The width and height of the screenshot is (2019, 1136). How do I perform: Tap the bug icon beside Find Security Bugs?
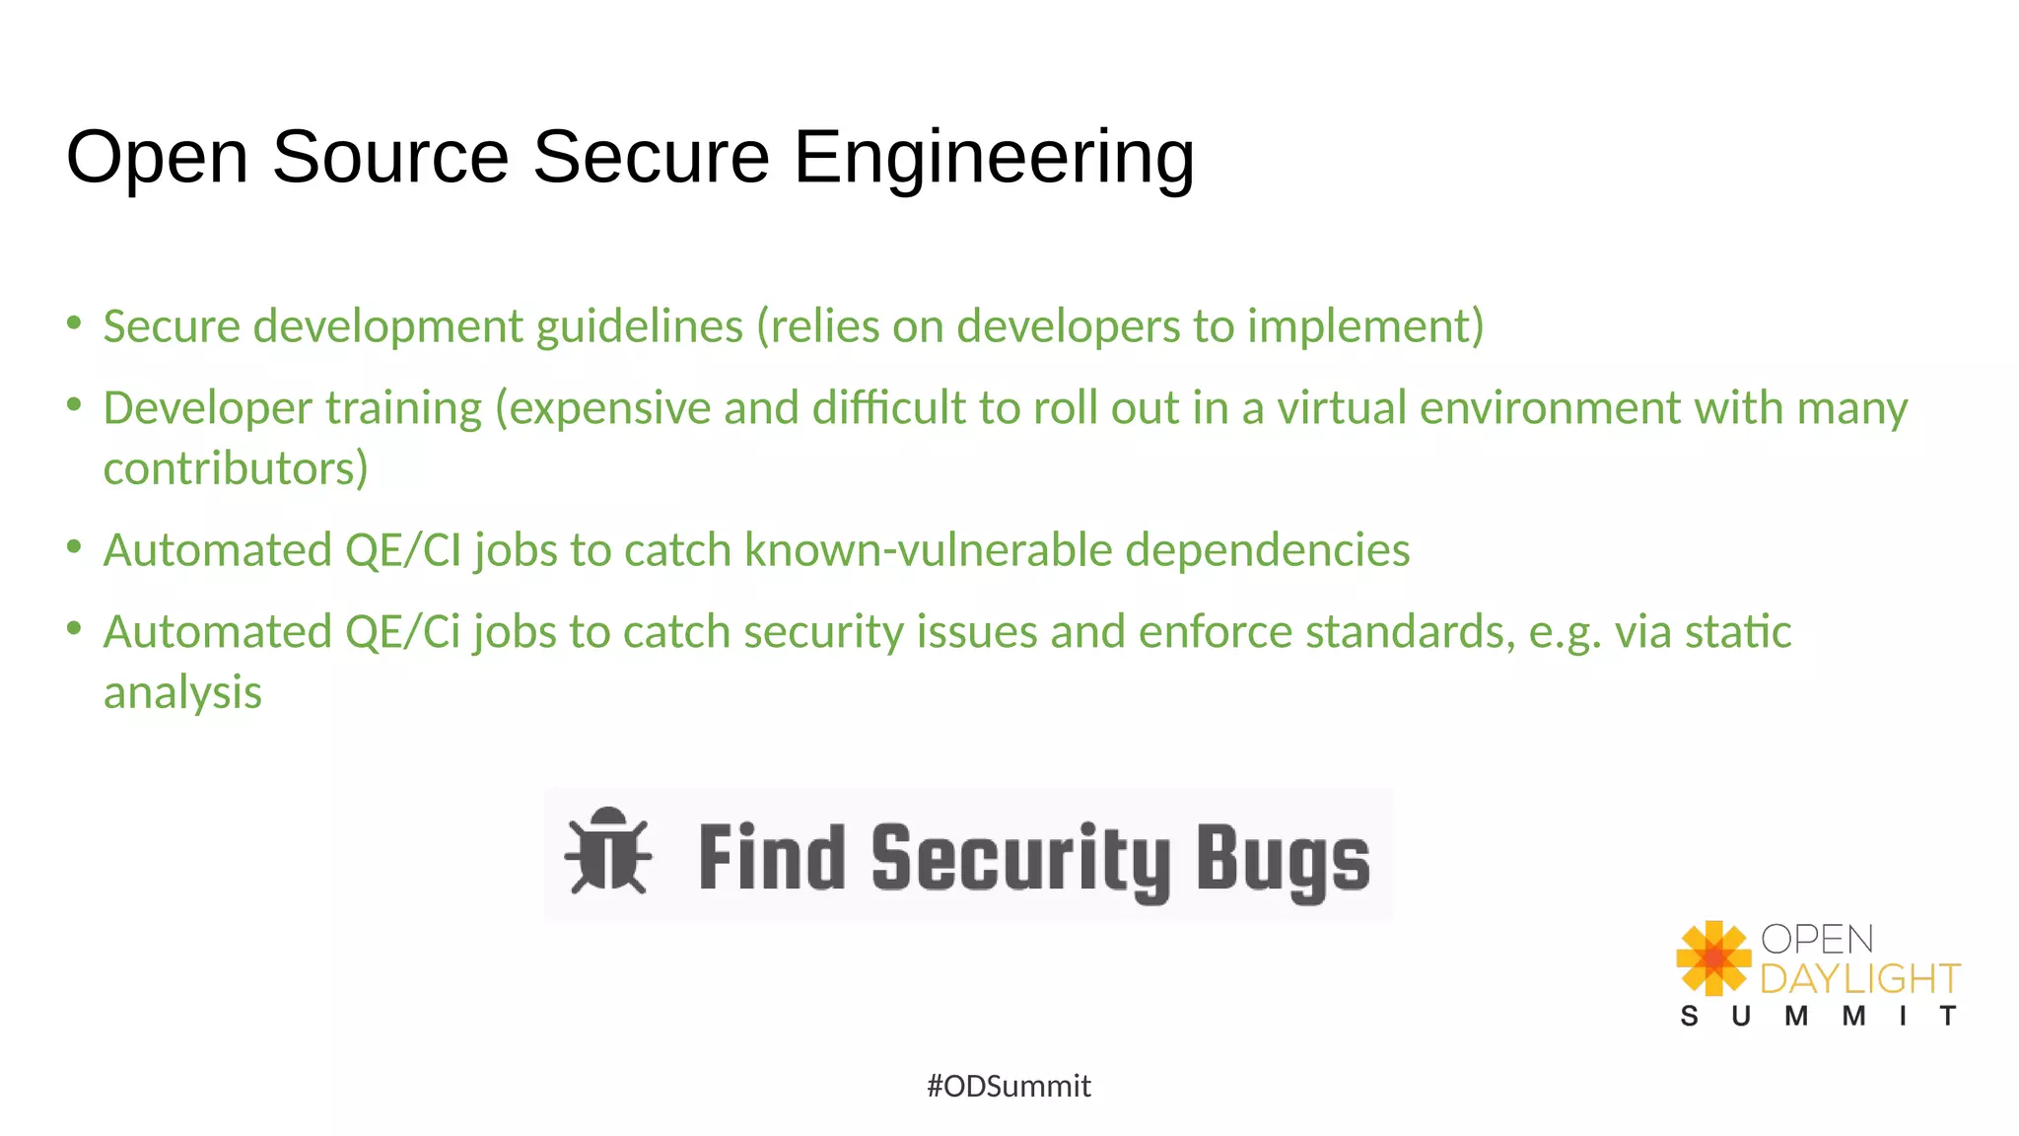coord(607,850)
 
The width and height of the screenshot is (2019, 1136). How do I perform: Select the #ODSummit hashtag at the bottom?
coord(1009,1086)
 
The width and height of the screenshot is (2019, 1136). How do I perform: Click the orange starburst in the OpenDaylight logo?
coord(1713,958)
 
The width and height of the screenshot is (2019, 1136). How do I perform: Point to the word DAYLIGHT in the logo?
coord(1859,979)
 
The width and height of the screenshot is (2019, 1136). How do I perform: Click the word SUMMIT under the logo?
coord(1818,1016)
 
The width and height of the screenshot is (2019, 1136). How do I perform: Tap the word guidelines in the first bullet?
coord(639,327)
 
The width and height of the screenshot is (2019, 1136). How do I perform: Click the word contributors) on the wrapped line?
coord(236,468)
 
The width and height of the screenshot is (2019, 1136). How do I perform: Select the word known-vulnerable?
coord(928,550)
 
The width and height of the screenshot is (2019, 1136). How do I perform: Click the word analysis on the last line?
coord(182,693)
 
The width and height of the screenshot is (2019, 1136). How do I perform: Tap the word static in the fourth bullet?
coord(1737,632)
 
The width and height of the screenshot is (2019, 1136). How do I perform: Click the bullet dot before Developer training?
coord(74,404)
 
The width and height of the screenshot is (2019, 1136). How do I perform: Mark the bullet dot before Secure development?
coord(74,322)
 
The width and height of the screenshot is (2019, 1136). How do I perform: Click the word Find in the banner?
coord(772,856)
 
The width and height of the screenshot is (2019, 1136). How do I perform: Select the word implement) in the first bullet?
coord(1365,327)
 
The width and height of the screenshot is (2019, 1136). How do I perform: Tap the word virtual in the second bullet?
coord(1341,408)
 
